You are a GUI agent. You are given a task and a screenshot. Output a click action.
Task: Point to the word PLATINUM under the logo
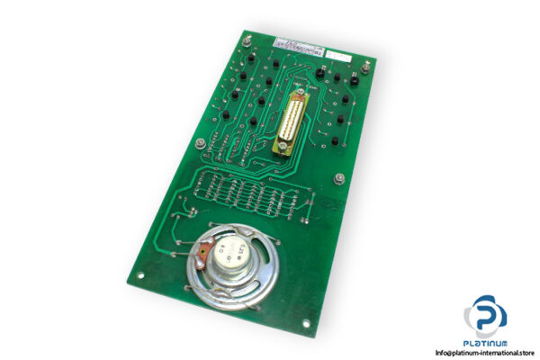pyautogui.click(x=485, y=343)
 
